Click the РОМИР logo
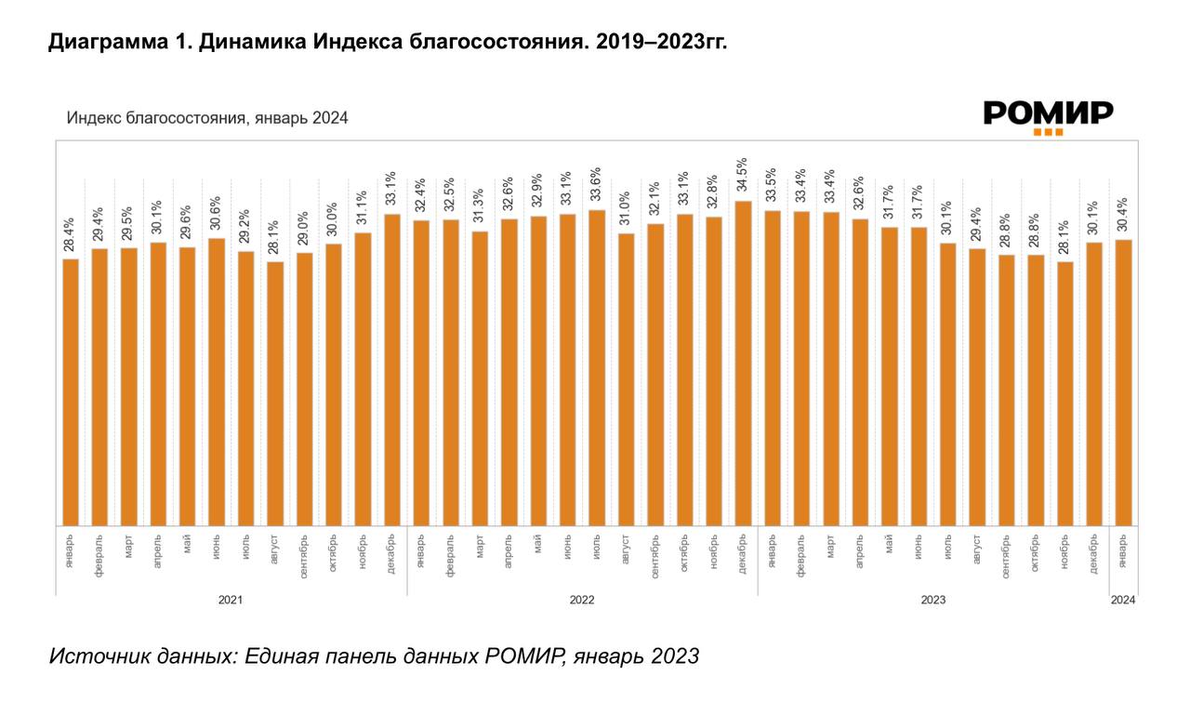tap(1048, 114)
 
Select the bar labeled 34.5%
tap(743, 363)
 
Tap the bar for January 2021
tap(71, 391)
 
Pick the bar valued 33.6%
tap(597, 367)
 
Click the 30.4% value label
tap(1123, 217)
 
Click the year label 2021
tap(231, 600)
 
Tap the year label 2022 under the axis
tap(582, 600)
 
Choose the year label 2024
tap(1123, 600)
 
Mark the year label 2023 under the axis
tap(932, 600)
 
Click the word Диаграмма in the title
tap(105, 43)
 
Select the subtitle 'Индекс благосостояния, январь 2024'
tap(206, 118)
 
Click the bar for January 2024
tap(1123, 382)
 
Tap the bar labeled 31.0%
tap(626, 379)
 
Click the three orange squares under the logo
tap(1048, 133)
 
